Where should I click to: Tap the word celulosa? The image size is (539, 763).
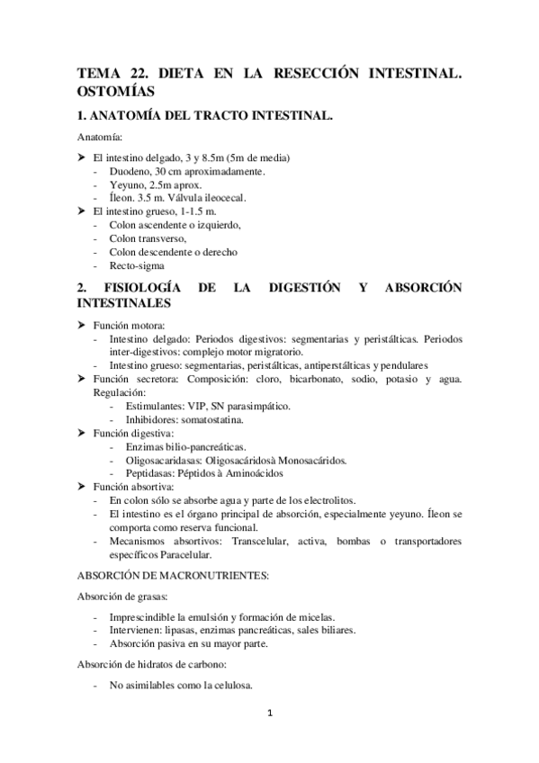229,686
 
